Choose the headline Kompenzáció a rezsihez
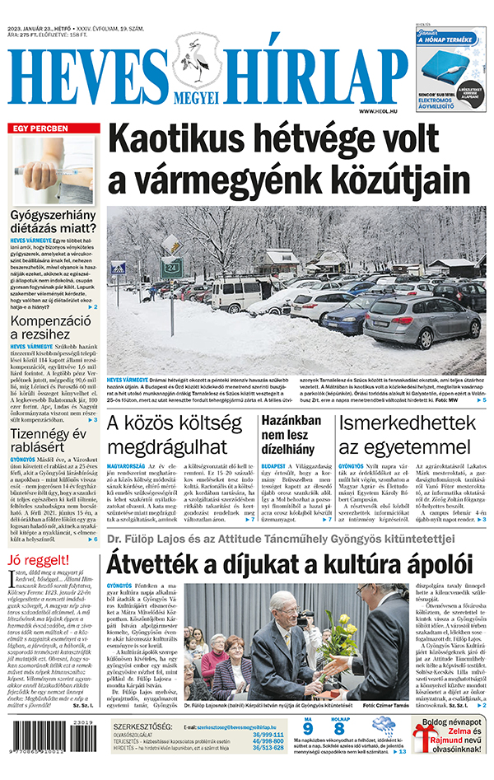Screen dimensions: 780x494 48,326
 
